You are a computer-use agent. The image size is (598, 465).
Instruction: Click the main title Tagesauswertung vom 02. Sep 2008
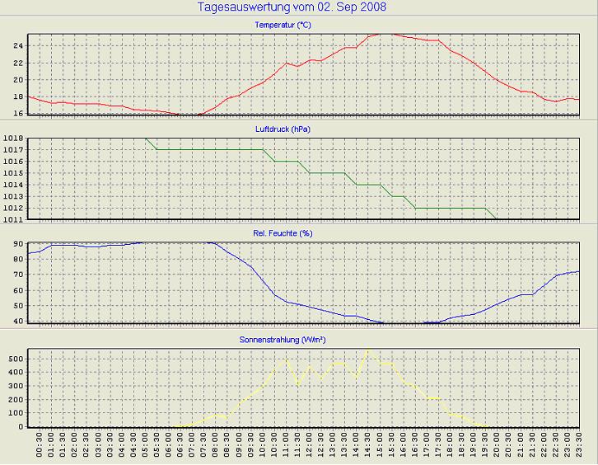(x=292, y=7)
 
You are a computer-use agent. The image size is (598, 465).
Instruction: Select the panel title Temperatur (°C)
(x=283, y=25)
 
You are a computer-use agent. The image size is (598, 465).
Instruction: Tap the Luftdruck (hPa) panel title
(x=283, y=129)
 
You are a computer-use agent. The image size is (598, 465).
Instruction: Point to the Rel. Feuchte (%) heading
(x=283, y=233)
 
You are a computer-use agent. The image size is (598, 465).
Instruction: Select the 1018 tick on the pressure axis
(x=12, y=139)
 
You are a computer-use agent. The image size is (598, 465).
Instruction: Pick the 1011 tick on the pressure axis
(x=12, y=219)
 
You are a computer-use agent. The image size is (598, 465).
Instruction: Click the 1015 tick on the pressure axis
(x=12, y=173)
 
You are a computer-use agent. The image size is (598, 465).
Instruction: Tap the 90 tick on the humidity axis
(x=16, y=244)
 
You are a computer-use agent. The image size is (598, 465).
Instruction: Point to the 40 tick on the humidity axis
(x=16, y=321)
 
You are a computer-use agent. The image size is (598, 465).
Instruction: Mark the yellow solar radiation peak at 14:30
(x=367, y=350)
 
